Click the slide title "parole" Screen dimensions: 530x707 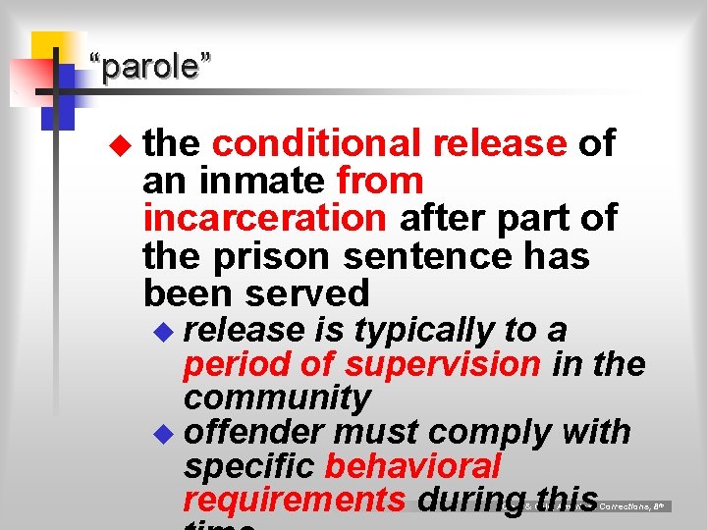[149, 68]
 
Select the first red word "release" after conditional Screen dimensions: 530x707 [500, 143]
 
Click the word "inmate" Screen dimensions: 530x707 [262, 181]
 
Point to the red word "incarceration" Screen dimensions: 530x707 [264, 218]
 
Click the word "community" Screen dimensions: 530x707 [277, 397]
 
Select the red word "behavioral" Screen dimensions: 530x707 [413, 465]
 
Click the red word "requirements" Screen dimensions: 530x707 [294, 500]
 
